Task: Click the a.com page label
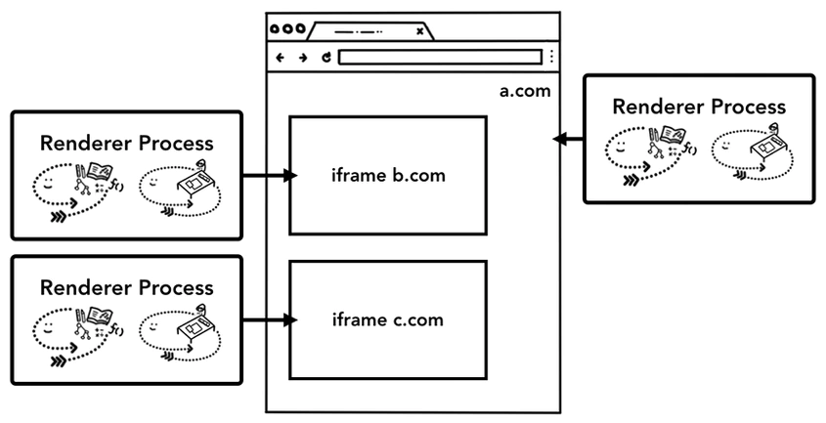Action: (525, 91)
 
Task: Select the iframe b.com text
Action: (388, 175)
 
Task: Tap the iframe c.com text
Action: (388, 319)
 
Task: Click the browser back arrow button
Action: (281, 58)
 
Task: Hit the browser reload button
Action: (326, 58)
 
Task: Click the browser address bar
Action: (440, 57)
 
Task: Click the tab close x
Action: (420, 31)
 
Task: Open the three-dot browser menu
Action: (551, 57)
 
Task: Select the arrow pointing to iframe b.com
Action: (270, 176)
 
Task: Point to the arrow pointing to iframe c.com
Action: (270, 319)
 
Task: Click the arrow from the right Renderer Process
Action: (568, 139)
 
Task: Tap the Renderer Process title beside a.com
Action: (699, 106)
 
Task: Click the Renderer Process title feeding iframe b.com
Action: (127, 144)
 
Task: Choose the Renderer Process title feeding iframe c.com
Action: (127, 287)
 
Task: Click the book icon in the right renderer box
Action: (673, 136)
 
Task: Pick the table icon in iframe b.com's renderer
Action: (197, 182)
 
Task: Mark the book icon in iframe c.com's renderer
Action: (100, 315)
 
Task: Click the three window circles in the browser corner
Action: (287, 28)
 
